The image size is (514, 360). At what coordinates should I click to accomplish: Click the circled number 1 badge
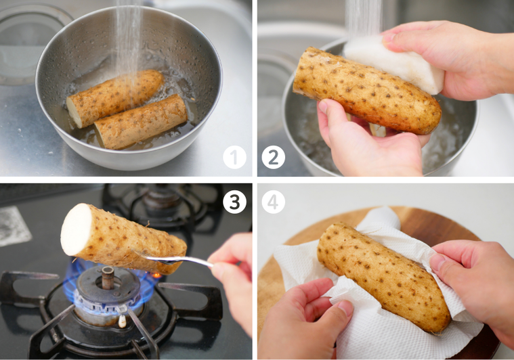[235, 158]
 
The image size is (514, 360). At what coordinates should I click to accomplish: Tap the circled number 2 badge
[274, 158]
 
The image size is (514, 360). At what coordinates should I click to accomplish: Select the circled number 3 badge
[235, 202]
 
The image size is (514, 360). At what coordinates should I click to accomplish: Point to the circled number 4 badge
[274, 202]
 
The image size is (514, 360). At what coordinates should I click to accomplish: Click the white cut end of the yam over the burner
[76, 229]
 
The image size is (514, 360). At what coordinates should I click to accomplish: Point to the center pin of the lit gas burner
[107, 277]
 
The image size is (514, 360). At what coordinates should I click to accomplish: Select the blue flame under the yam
[108, 288]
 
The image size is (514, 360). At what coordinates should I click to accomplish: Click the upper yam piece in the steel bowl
[114, 97]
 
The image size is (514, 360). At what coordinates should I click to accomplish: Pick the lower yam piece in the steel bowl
[141, 121]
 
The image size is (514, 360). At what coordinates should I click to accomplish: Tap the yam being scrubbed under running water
[366, 90]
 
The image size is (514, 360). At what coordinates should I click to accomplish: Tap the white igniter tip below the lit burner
[122, 321]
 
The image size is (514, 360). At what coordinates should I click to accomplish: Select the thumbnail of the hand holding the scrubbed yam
[323, 107]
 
